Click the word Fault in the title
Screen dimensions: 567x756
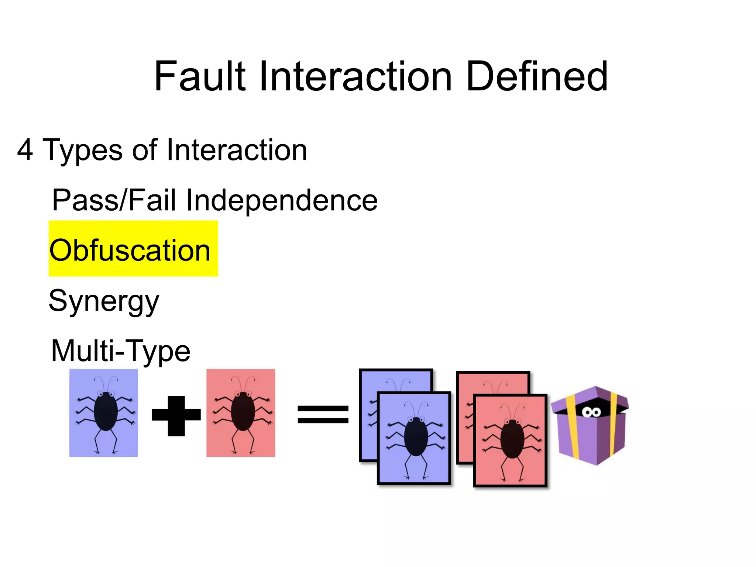(200, 76)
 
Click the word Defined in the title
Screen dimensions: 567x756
(537, 76)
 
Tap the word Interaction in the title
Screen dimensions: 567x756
(355, 76)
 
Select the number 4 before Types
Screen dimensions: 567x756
(25, 150)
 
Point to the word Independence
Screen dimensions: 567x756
(281, 200)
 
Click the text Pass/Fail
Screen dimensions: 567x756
(114, 200)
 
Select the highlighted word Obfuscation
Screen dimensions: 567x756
(130, 250)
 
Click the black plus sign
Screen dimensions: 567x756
(176, 416)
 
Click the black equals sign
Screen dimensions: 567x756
(323, 414)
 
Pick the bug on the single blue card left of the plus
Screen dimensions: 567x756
(106, 411)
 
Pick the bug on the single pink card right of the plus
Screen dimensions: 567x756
(243, 411)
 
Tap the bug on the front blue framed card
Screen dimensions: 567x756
(416, 437)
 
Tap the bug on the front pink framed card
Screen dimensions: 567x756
(512, 439)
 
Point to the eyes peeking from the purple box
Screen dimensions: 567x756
(591, 412)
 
